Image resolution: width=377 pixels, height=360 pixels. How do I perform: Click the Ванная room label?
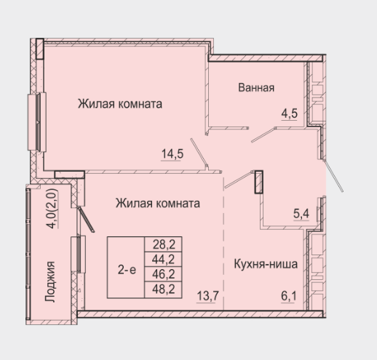pyautogui.click(x=256, y=87)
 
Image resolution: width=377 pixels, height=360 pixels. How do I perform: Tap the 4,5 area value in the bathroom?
pyautogui.click(x=290, y=113)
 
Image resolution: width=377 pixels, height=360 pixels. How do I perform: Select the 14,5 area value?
pyautogui.click(x=172, y=154)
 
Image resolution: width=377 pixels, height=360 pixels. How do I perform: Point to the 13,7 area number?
pyautogui.click(x=208, y=296)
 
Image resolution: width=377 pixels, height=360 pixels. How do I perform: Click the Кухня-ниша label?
pyautogui.click(x=266, y=264)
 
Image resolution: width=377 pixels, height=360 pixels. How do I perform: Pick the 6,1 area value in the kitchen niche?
pyautogui.click(x=289, y=296)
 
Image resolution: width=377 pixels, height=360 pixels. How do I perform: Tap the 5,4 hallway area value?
pyautogui.click(x=301, y=214)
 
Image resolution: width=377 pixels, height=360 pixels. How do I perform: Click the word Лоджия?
pyautogui.click(x=50, y=281)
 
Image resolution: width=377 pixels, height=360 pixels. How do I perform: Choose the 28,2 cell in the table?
pyautogui.click(x=164, y=244)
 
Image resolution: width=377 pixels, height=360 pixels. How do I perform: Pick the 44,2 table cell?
pyautogui.click(x=164, y=260)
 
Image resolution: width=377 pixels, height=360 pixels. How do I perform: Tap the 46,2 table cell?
pyautogui.click(x=164, y=274)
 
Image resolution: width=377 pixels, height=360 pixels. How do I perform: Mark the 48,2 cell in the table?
pyautogui.click(x=164, y=289)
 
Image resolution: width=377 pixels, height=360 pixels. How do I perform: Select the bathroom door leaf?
pyautogui.click(x=263, y=135)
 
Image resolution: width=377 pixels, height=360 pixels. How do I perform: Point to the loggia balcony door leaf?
pyautogui.click(x=86, y=220)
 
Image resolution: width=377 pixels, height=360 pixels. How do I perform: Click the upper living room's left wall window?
pyautogui.click(x=37, y=122)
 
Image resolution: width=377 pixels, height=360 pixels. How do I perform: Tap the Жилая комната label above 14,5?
pyautogui.click(x=120, y=104)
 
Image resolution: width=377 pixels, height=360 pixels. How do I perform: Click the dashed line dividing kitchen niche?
pyautogui.click(x=223, y=242)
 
